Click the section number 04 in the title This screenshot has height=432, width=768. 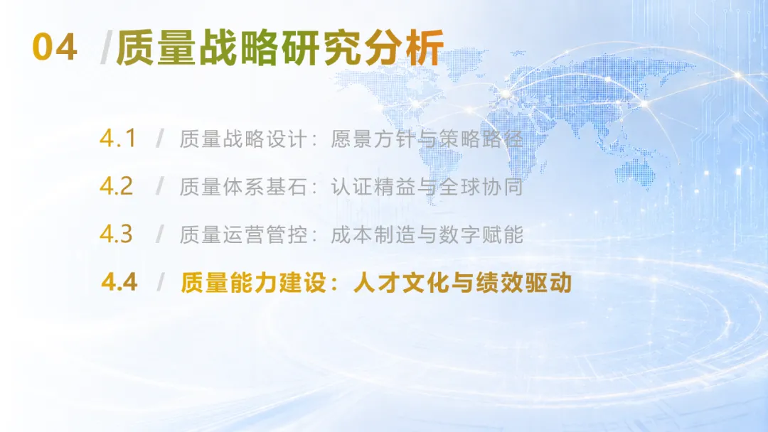pyautogui.click(x=55, y=47)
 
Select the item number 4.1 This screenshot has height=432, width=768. pyautogui.click(x=117, y=139)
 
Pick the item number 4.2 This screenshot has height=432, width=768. pyautogui.click(x=117, y=186)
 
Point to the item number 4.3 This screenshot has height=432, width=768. pyautogui.click(x=117, y=234)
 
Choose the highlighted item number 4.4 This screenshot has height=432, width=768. pyautogui.click(x=119, y=282)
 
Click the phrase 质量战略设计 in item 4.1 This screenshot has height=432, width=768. pyautogui.click(x=243, y=139)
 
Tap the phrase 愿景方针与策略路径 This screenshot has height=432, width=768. pyautogui.click(x=427, y=139)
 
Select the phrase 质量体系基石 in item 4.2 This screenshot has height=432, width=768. pyautogui.click(x=243, y=187)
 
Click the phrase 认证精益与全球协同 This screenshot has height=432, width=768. pyautogui.click(x=427, y=187)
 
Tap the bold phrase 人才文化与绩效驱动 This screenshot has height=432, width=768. pyautogui.click(x=462, y=283)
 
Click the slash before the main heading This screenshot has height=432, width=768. pyautogui.click(x=106, y=48)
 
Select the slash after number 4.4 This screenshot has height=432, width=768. pyautogui.click(x=160, y=282)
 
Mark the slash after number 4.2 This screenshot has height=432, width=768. pyautogui.click(x=160, y=186)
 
